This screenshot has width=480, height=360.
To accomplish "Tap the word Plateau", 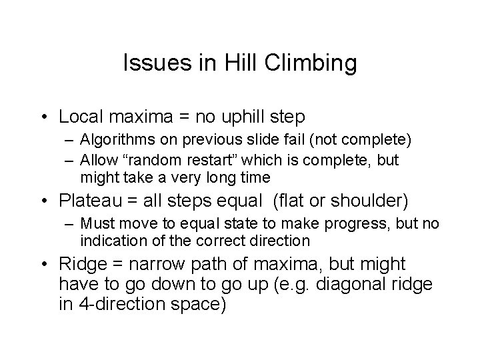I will (x=86, y=200).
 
